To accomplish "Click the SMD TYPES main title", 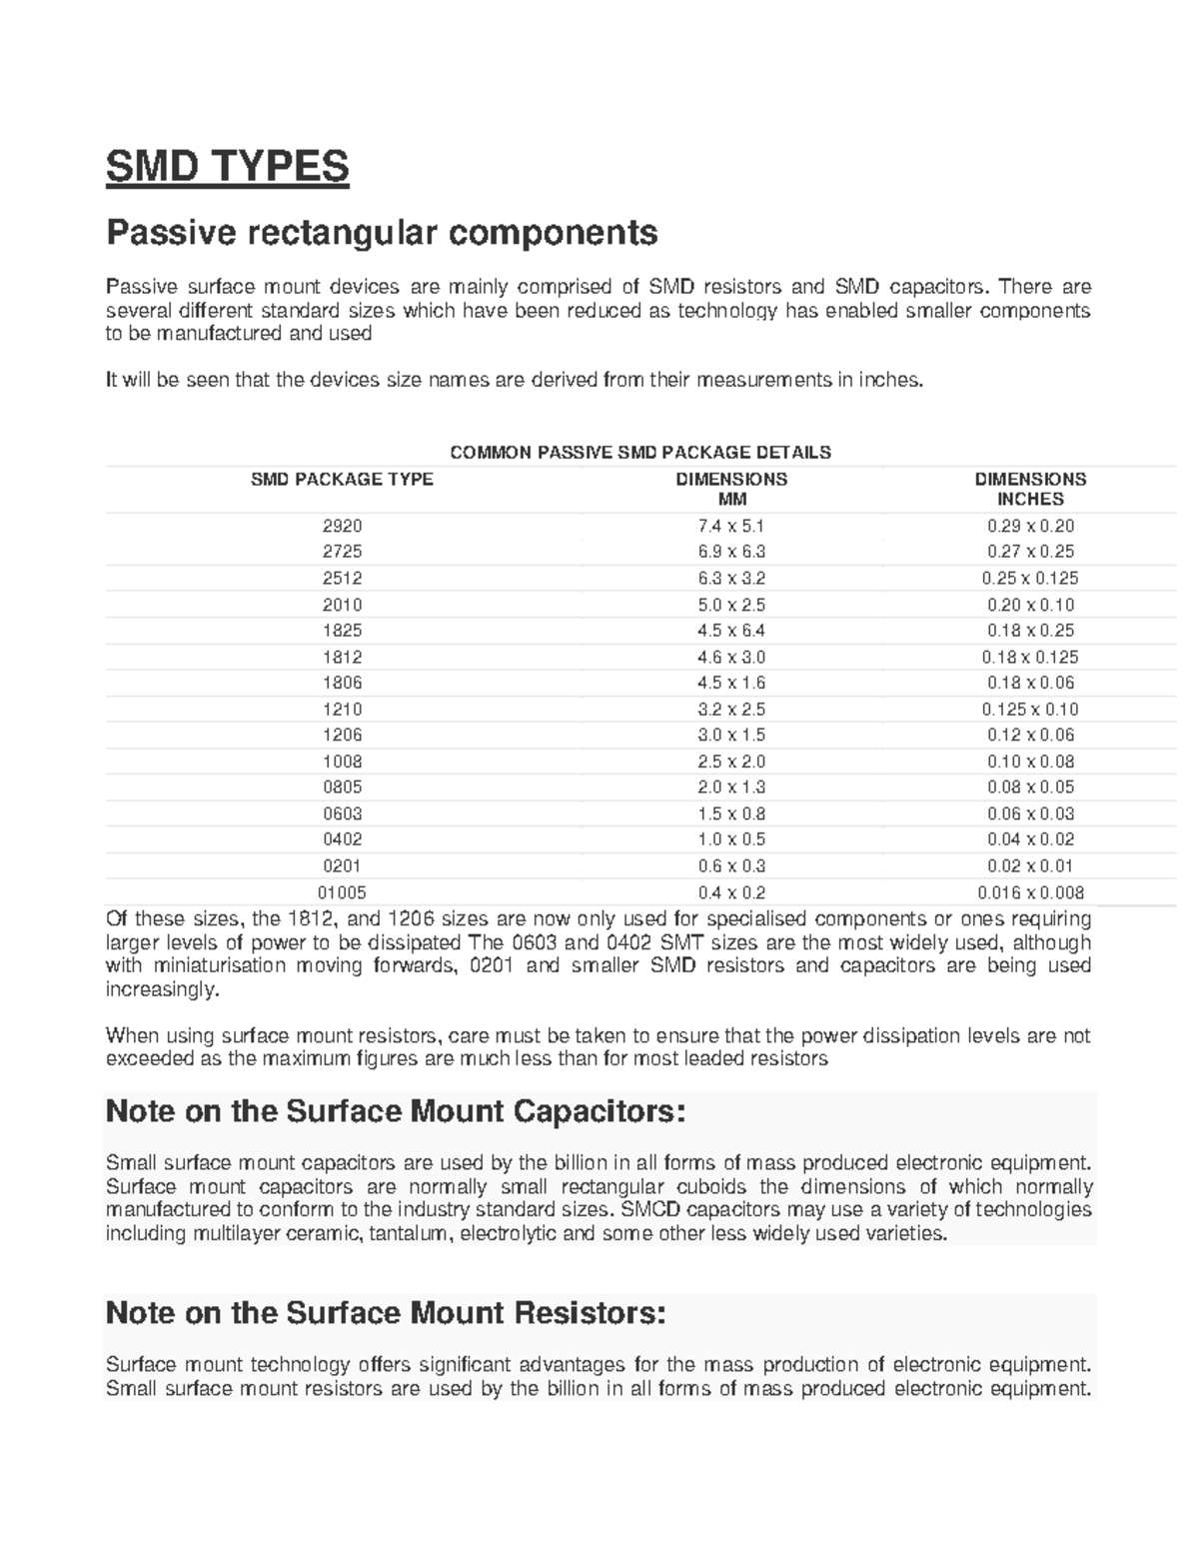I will (228, 166).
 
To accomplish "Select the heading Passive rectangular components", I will (382, 233).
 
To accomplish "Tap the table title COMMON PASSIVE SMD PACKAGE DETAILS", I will (640, 453).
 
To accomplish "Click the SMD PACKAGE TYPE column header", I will (342, 480).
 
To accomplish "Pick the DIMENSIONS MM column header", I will (731, 489).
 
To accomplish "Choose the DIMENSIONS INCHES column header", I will (1030, 489).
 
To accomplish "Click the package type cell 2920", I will (342, 526).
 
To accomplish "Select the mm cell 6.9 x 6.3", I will (731, 552).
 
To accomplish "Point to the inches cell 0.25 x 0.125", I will (1030, 578).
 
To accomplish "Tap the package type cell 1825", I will (342, 631).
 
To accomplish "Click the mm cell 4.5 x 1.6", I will (731, 683).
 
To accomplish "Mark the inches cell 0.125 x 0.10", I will (1030, 709).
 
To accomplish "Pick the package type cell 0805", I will (342, 787).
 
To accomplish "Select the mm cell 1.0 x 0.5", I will (731, 839).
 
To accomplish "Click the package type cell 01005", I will (342, 892).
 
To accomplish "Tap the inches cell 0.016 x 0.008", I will (1030, 892).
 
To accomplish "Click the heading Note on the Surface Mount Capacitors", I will (396, 1110).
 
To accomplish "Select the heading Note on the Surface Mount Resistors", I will (385, 1312).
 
